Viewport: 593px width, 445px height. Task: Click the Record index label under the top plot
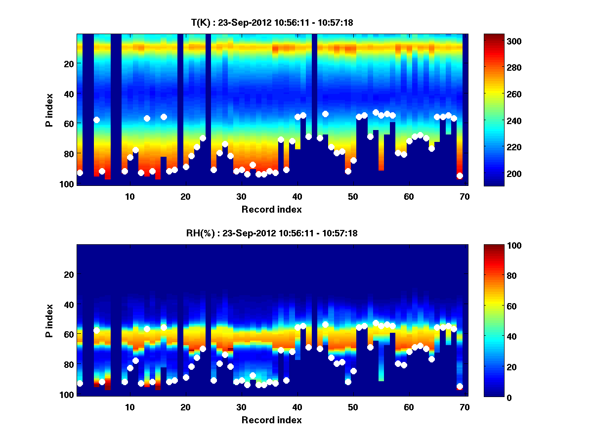(271, 209)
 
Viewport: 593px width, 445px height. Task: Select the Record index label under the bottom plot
(271, 420)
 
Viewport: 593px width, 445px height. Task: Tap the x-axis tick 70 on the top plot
(465, 196)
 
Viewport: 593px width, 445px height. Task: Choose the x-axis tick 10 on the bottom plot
(129, 407)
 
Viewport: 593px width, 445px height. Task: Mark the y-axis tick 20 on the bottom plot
(69, 274)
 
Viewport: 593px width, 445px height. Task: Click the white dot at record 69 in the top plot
(460, 176)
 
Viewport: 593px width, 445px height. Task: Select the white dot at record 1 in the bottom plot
(80, 384)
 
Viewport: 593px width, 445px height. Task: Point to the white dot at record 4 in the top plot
(96, 120)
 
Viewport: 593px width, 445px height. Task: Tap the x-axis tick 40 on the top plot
(297, 196)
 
